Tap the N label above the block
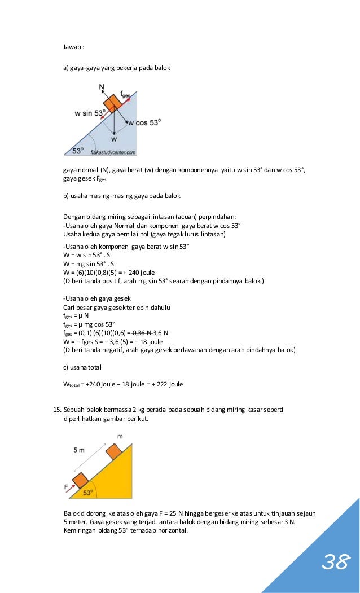point(101,87)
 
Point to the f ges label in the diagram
point(125,95)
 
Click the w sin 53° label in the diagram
point(90,113)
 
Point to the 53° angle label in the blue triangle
point(77,151)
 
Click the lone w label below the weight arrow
point(114,138)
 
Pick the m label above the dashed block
point(120,436)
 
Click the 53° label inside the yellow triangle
point(88,492)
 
